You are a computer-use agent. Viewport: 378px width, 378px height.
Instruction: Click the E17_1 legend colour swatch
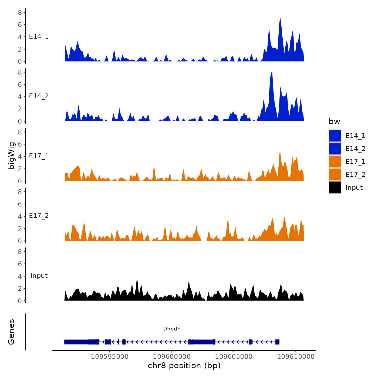[335, 161]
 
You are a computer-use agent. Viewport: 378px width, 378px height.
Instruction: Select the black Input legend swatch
[335, 187]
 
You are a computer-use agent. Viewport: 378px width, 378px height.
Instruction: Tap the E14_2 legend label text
[355, 149]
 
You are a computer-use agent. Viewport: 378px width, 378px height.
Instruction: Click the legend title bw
[334, 122]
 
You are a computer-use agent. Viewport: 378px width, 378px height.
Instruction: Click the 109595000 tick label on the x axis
[110, 357]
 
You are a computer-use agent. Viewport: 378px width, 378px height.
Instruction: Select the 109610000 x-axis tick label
[296, 357]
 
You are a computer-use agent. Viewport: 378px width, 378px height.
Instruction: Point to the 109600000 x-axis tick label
[172, 357]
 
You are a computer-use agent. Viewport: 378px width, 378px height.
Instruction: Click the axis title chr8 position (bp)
[184, 366]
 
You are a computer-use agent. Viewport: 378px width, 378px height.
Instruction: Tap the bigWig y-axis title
[11, 156]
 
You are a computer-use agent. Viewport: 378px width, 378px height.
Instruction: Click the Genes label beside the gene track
[11, 332]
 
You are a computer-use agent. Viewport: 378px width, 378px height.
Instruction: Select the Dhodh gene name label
[172, 329]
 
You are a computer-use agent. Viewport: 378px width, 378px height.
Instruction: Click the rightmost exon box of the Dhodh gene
[277, 342]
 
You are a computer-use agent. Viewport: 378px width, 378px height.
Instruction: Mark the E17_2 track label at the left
[39, 216]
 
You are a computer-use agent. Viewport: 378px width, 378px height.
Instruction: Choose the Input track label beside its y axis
[39, 276]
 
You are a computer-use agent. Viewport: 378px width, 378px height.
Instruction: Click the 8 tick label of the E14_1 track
[20, 12]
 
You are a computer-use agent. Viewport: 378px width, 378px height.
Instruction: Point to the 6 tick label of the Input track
[20, 264]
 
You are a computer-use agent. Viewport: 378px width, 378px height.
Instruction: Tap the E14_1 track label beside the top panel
[39, 36]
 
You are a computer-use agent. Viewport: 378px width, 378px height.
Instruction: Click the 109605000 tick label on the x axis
[234, 357]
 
